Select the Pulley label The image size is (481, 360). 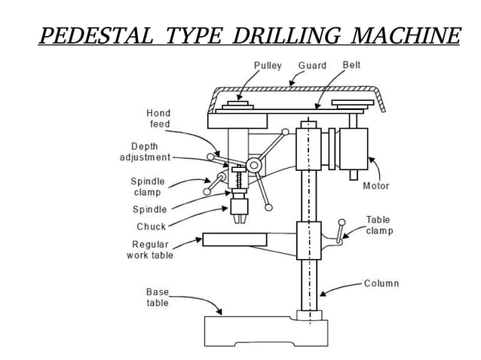click(268, 66)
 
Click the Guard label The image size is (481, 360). click(312, 66)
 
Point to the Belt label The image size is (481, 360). click(351, 66)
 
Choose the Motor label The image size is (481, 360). click(376, 186)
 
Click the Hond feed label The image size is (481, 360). click(158, 118)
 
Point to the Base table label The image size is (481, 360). click(158, 297)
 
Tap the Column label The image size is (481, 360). click(381, 284)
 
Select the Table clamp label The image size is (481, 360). click(379, 225)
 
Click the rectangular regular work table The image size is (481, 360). click(234, 240)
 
